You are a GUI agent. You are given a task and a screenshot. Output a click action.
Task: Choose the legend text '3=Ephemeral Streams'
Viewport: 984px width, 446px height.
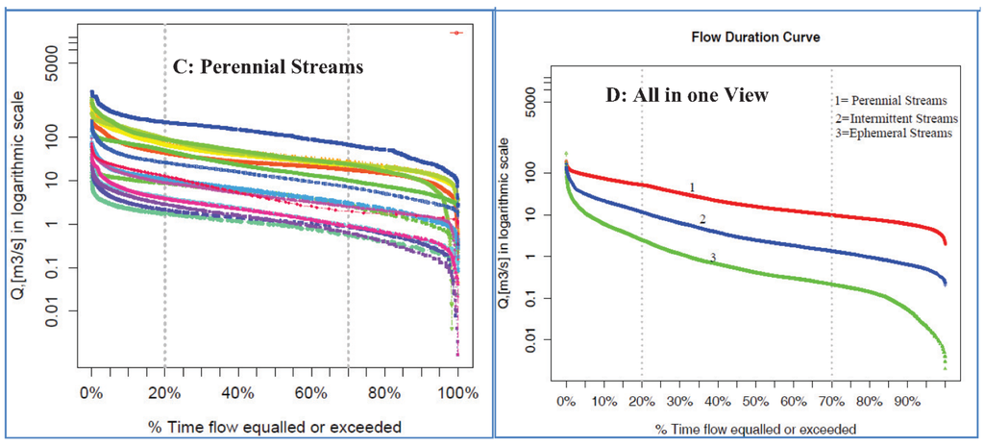(893, 134)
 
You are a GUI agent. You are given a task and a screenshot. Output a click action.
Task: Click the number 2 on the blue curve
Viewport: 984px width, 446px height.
(702, 220)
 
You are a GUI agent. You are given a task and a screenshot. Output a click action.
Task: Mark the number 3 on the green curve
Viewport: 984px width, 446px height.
(712, 257)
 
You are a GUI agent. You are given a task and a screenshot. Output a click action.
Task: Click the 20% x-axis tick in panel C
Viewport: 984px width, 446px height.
(164, 393)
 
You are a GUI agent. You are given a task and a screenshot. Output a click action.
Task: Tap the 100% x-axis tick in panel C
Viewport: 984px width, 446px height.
(457, 393)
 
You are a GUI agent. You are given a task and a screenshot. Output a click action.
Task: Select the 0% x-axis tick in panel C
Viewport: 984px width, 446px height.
(91, 393)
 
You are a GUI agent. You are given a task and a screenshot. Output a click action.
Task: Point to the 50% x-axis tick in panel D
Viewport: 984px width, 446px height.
(755, 400)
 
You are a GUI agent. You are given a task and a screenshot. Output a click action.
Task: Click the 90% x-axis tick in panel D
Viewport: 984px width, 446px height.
(907, 400)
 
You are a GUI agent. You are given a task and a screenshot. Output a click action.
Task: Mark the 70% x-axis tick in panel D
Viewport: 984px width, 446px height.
(831, 400)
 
